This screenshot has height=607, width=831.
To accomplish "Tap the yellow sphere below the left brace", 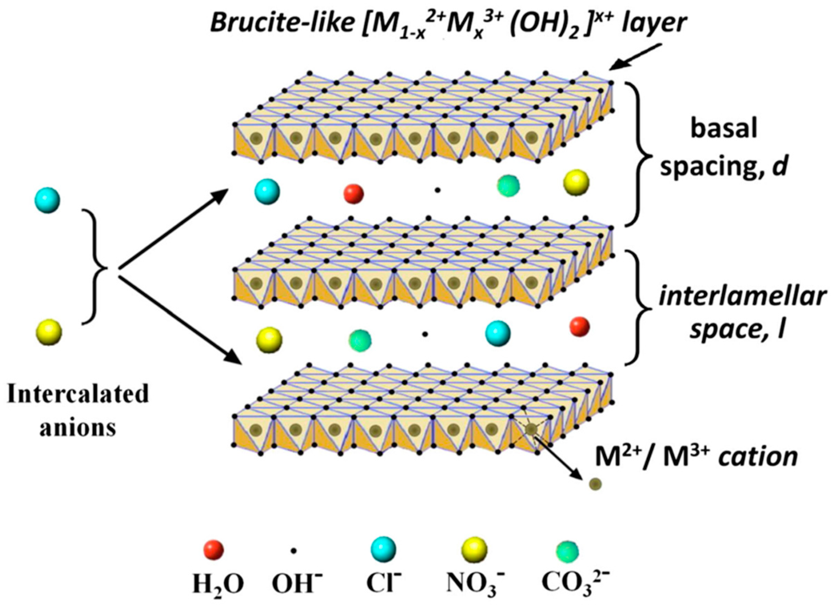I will pyautogui.click(x=49, y=333).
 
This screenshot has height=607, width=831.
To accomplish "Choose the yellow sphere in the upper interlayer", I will pyautogui.click(x=576, y=182).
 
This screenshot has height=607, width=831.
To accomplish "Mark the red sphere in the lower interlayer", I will pyautogui.click(x=579, y=327).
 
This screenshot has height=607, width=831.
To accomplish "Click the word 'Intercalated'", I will pyautogui.click(x=78, y=395).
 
